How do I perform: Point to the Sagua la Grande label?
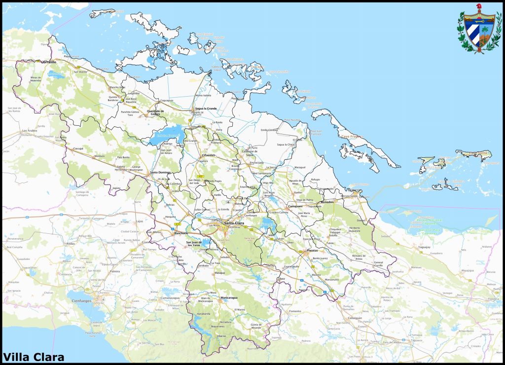(x=206, y=108)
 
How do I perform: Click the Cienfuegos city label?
(x=82, y=300)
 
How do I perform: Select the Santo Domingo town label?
(x=160, y=172)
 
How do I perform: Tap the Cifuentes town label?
(x=208, y=155)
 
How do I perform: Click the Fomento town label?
(x=295, y=311)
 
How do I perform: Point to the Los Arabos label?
(x=29, y=131)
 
